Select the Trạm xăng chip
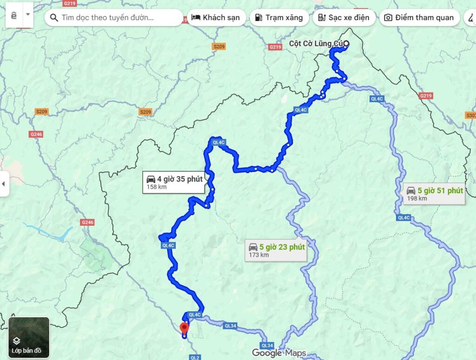tap(279, 18)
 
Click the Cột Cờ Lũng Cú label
tap(316, 44)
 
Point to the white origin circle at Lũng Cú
tap(346, 44)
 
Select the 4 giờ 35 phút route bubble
tap(173, 182)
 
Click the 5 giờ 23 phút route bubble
tap(276, 250)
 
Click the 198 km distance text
tap(417, 199)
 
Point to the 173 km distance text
tap(259, 255)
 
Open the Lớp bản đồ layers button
tap(29, 337)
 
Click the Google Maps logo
tap(279, 353)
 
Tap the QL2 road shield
tap(194, 357)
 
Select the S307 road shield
tap(470, 115)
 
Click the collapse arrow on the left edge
tap(4, 183)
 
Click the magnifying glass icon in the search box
tap(54, 18)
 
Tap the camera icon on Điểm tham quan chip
tap(388, 18)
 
